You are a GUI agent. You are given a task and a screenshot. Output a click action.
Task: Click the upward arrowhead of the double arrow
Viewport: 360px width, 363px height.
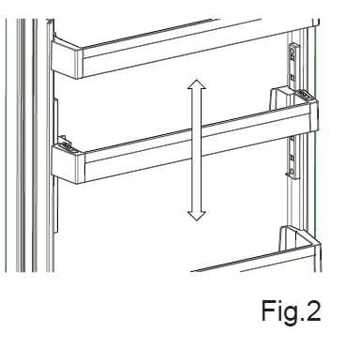click(x=196, y=87)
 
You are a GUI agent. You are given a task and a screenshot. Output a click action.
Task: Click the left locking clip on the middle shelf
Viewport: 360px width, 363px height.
click(x=65, y=144)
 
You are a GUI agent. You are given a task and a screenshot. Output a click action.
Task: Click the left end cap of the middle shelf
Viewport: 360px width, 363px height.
click(x=66, y=162)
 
